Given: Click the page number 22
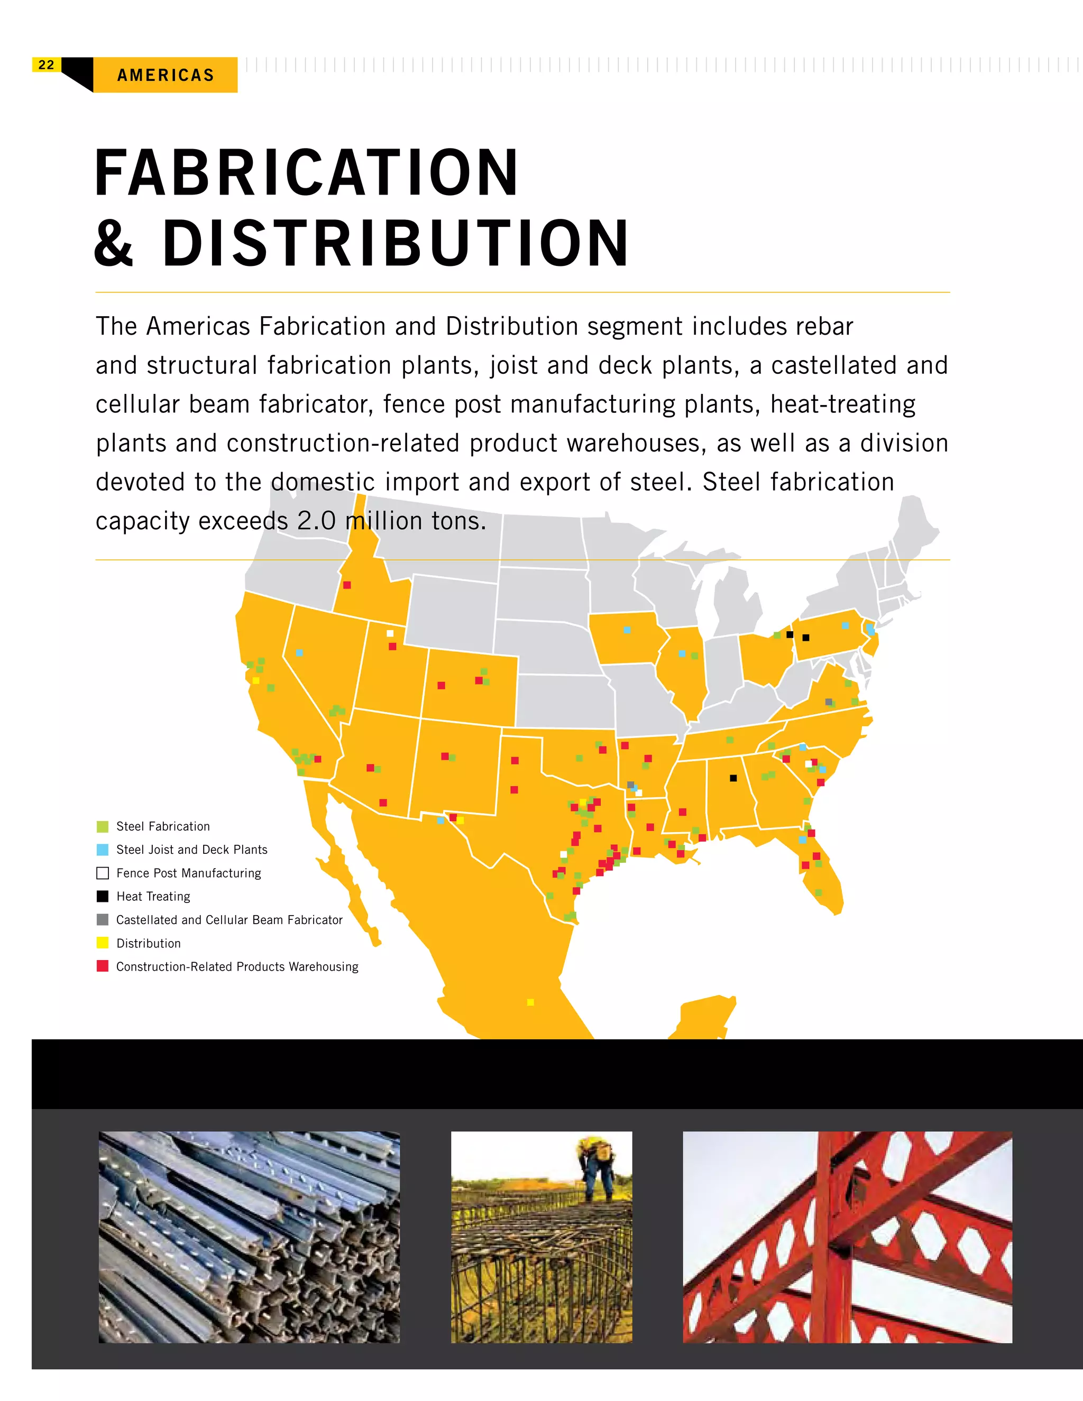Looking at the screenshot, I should point(46,65).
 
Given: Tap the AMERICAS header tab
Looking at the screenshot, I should point(166,75).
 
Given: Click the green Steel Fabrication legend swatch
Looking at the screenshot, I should point(103,826).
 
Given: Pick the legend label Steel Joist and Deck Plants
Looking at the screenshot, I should point(191,850).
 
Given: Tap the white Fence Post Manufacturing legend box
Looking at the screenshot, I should point(103,873).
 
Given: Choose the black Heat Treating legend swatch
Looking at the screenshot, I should point(103,896).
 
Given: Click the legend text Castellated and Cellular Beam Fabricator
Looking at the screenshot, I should point(229,920).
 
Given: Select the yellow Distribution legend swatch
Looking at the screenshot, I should point(103,943).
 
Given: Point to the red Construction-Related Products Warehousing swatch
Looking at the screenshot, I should point(103,966).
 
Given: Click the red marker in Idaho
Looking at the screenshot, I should point(347,585).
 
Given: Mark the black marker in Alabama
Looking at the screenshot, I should point(733,778).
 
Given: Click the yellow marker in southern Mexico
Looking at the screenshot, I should point(530,1002).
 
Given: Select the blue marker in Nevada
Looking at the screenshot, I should point(299,653).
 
